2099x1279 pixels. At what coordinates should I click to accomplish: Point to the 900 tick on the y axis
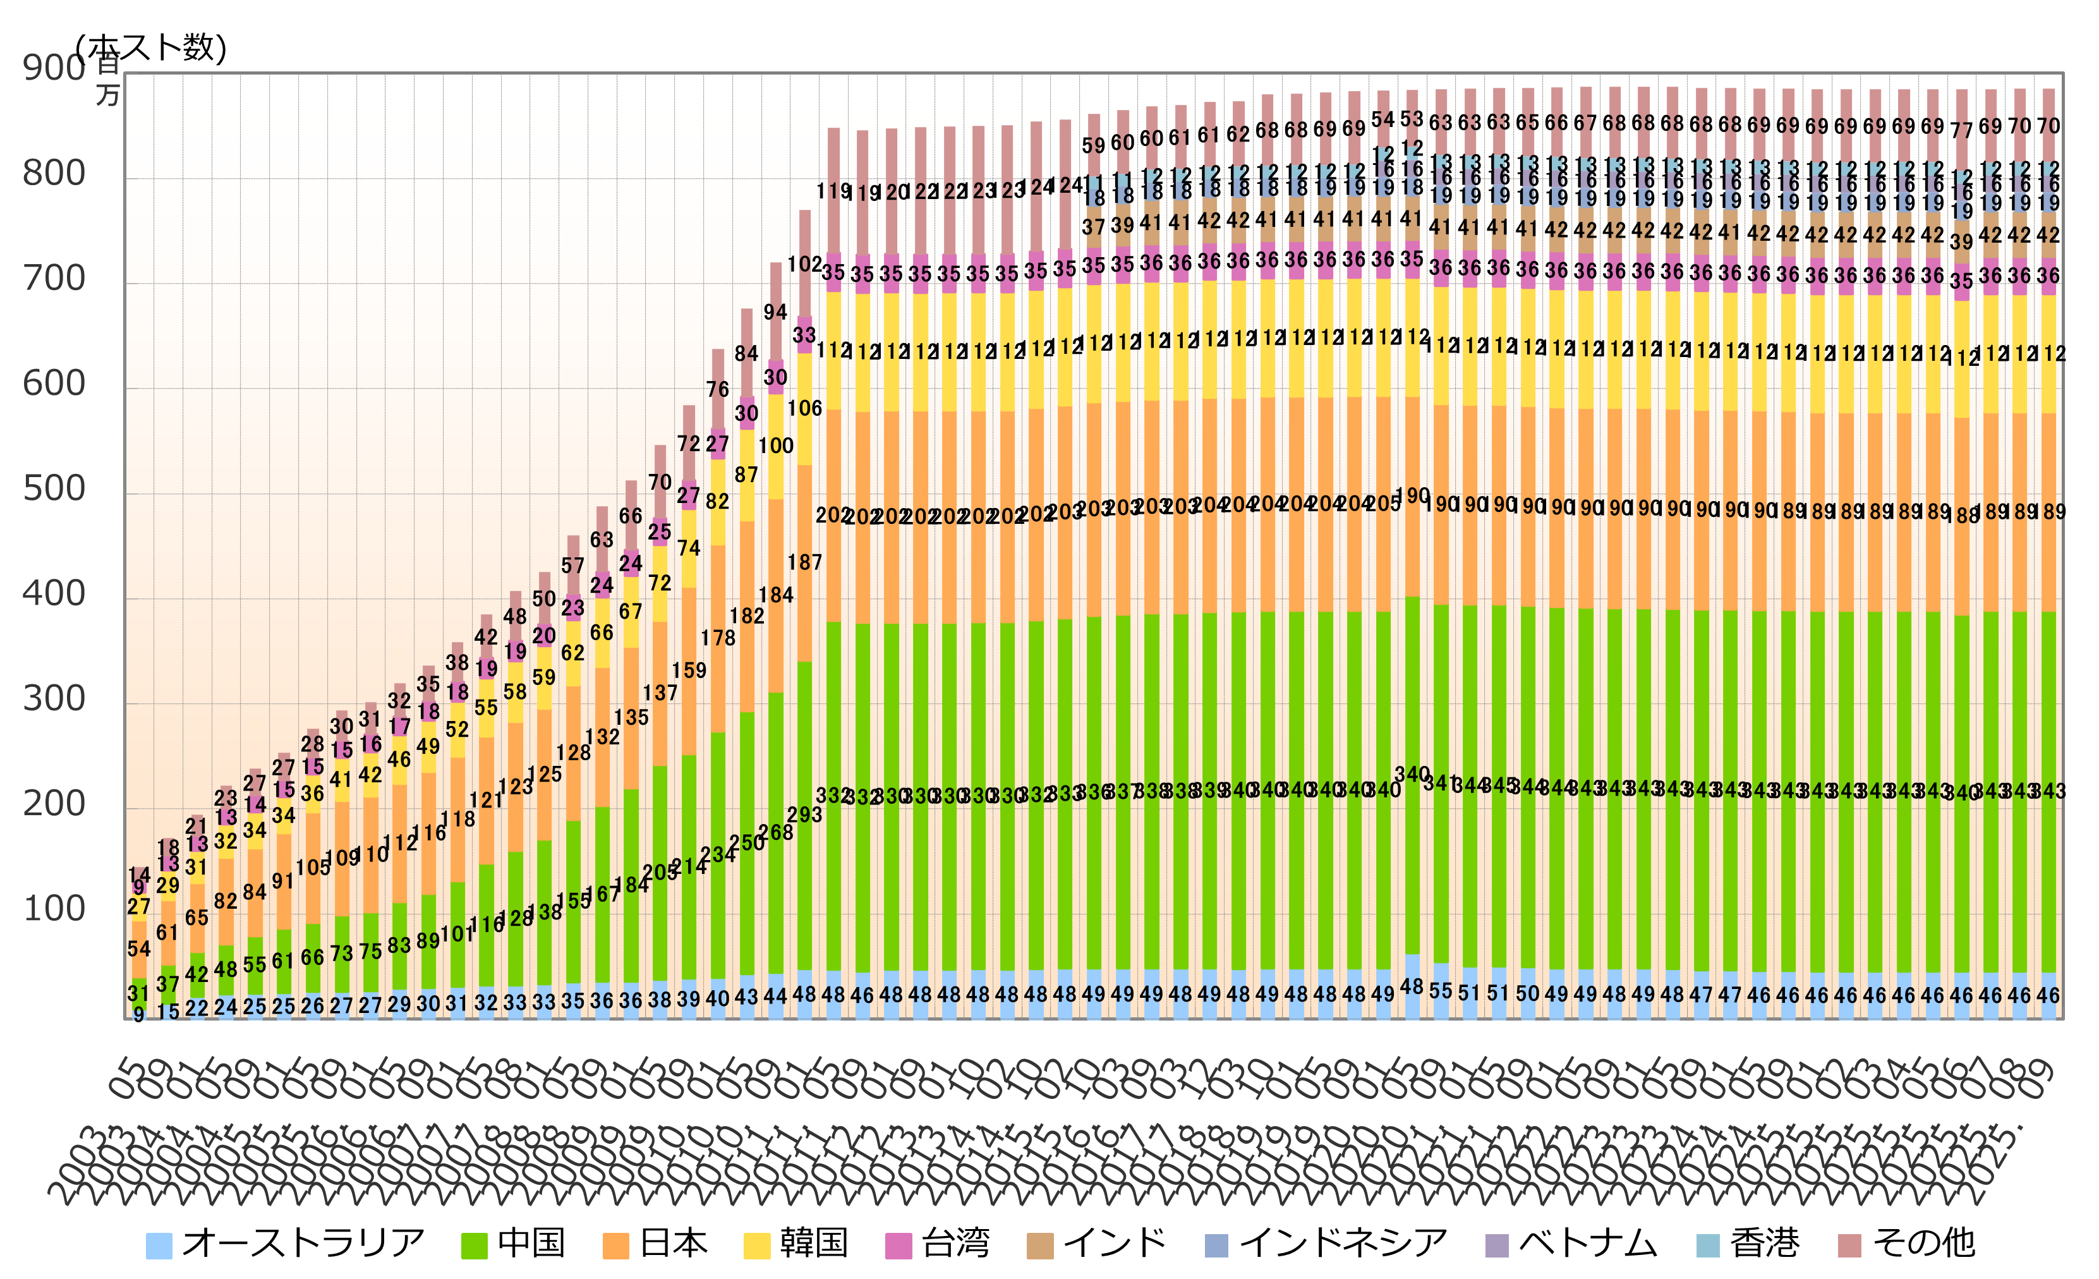(x=54, y=68)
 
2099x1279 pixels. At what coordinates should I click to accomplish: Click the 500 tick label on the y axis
(x=54, y=489)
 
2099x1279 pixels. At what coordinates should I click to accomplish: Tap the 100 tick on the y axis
(x=54, y=909)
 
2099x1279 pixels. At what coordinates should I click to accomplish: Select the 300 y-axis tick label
(x=54, y=699)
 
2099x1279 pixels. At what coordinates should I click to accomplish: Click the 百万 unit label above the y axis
(x=108, y=78)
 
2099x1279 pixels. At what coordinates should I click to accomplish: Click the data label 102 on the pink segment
(x=804, y=265)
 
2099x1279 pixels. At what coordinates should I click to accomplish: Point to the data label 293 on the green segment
(x=804, y=815)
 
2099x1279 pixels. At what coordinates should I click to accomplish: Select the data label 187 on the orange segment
(x=804, y=562)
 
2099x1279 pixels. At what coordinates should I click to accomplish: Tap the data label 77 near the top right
(x=1961, y=130)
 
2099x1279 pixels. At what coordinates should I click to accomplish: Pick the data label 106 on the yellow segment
(x=804, y=409)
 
